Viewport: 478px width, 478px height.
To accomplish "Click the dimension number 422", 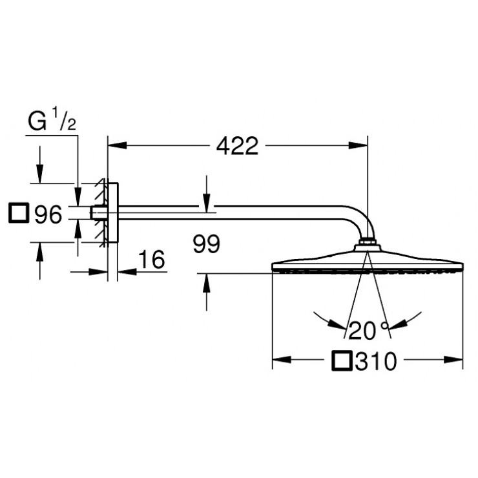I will point(237,147).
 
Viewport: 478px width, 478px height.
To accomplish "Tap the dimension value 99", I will point(206,244).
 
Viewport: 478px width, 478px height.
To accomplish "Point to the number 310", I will point(375,362).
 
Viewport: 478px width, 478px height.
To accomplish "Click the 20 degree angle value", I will point(362,330).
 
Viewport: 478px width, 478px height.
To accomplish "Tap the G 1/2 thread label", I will point(52,121).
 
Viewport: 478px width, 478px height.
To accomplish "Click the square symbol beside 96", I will point(19,213).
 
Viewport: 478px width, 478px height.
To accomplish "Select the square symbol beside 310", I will point(341,361).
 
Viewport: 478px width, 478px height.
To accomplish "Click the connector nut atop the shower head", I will point(367,244).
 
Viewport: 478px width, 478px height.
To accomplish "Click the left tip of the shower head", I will point(273,265).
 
